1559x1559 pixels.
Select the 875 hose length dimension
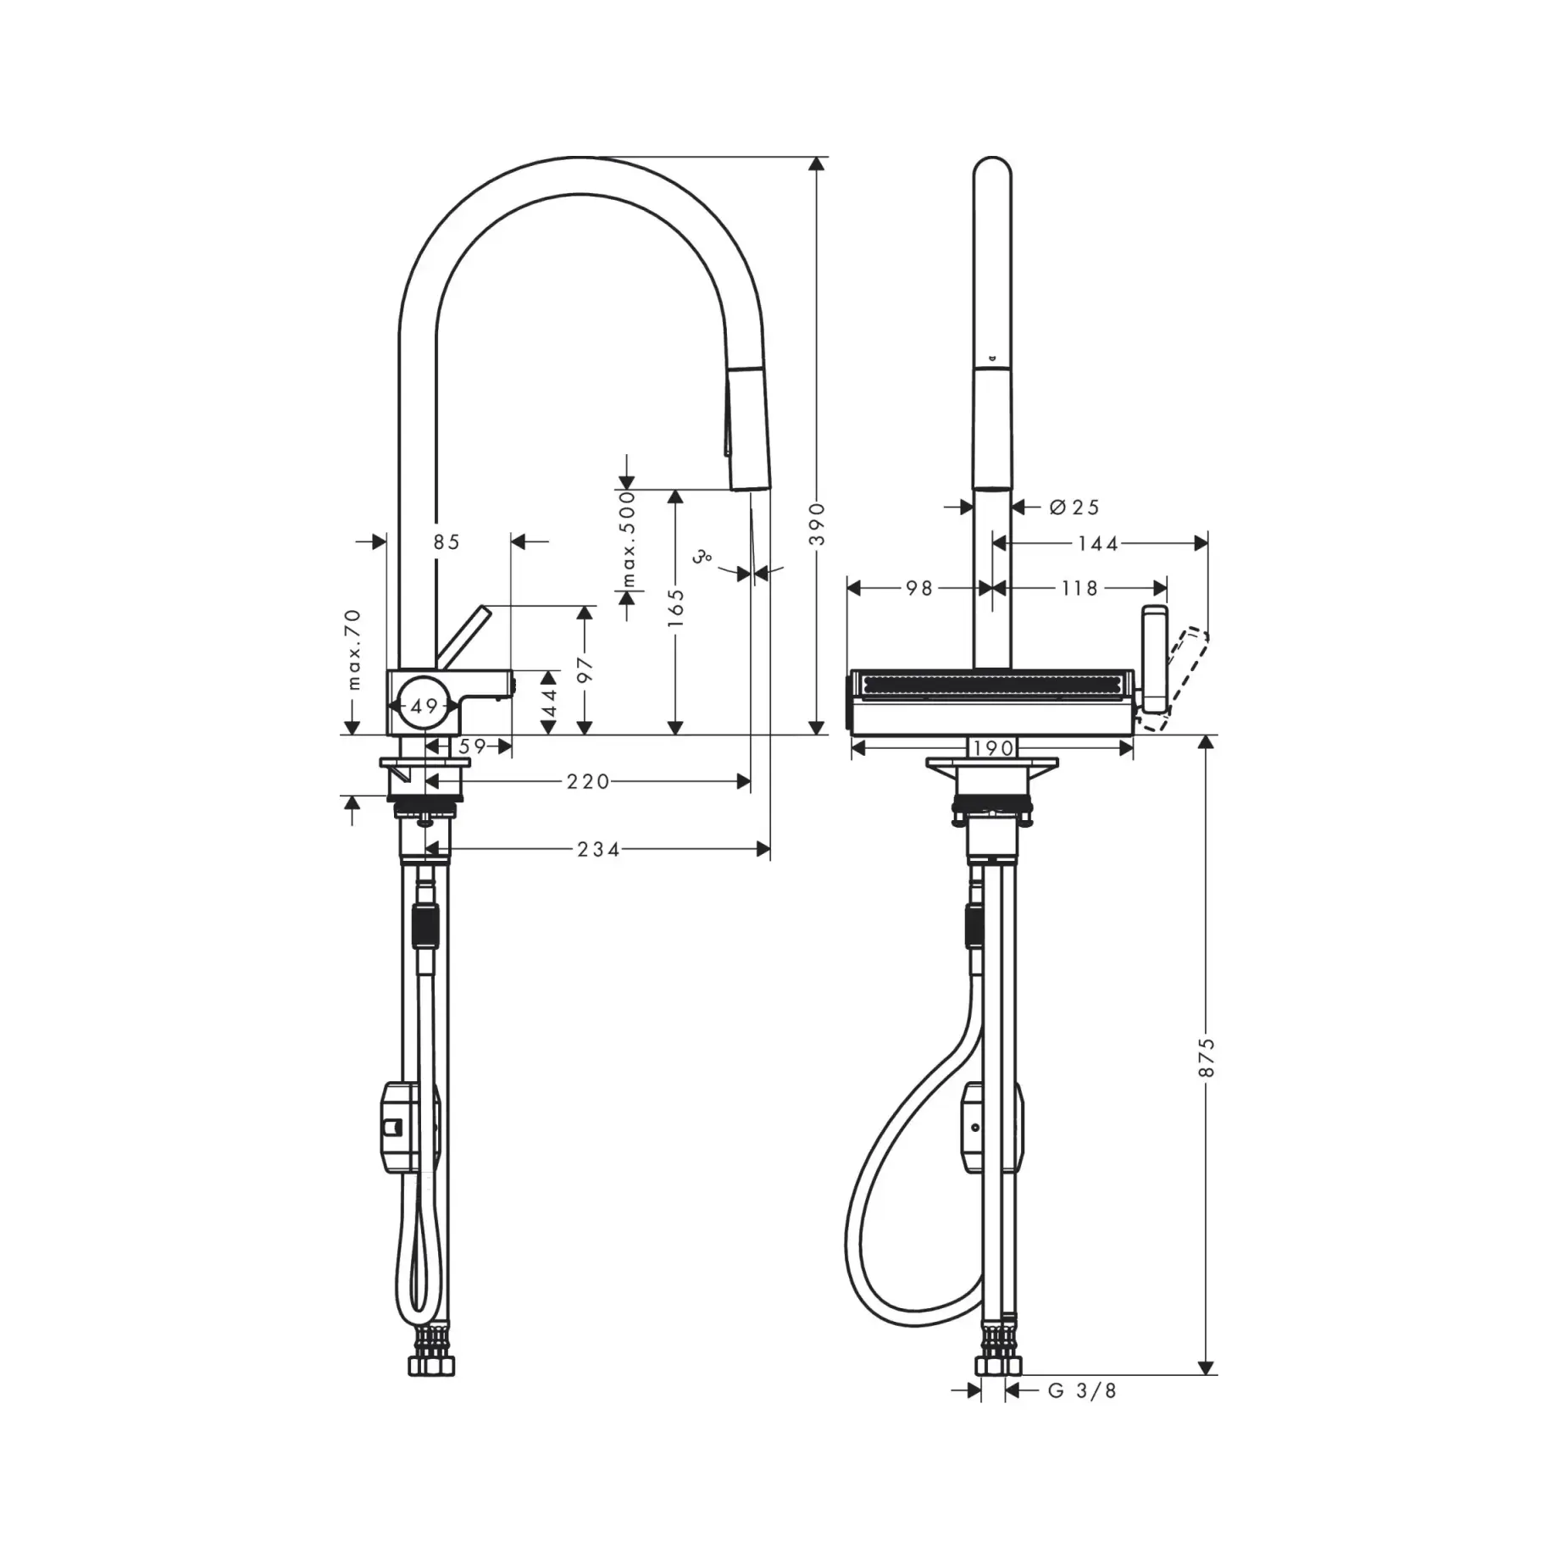[x=1207, y=1057]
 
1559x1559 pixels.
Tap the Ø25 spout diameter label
[x=1074, y=508]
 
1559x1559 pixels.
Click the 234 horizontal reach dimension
[x=599, y=849]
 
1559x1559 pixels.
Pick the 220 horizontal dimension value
[x=589, y=781]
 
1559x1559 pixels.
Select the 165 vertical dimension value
[x=675, y=608]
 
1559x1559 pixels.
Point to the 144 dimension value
[x=1098, y=544]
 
